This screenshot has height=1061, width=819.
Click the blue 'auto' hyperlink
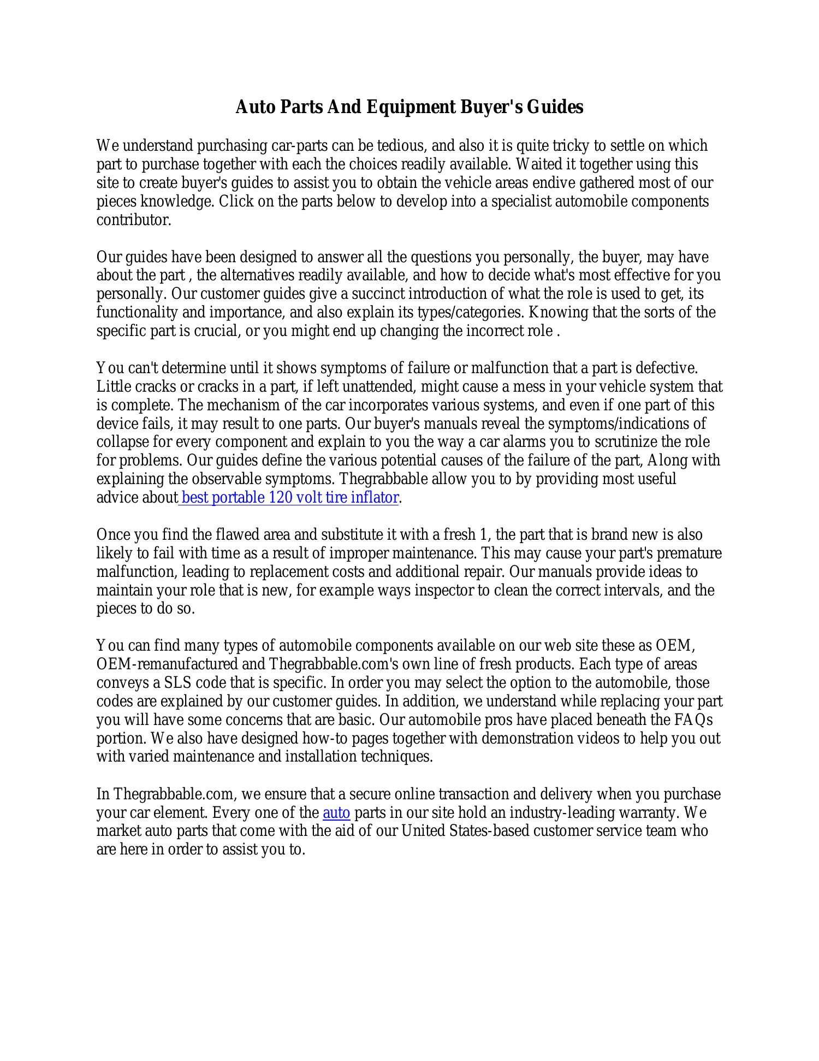[336, 813]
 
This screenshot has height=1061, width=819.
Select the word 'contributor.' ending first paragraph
[134, 220]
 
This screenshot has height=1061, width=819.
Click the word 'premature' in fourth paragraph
[689, 553]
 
